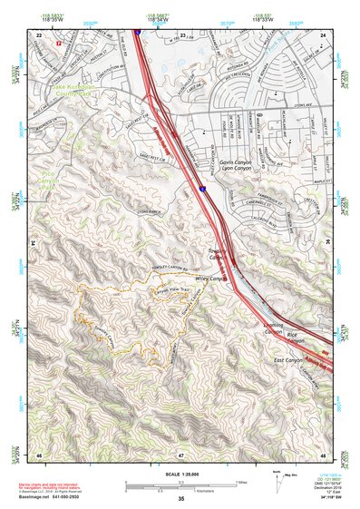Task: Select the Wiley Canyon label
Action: click(210, 279)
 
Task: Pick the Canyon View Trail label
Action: click(173, 290)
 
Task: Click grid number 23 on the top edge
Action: click(182, 34)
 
